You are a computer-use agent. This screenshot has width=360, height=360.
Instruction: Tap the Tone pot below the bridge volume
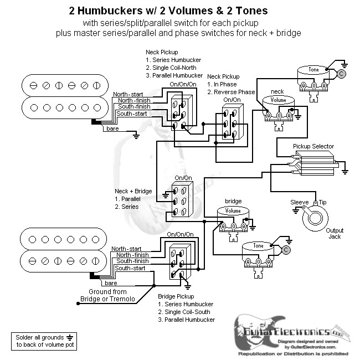coord(258,246)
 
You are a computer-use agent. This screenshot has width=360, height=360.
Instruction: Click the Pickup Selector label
coord(313,146)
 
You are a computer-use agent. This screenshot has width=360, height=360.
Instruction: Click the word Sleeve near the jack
coord(300,203)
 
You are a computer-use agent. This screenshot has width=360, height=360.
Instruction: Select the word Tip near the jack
coord(321,203)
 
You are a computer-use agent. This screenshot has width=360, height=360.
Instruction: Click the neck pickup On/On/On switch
coord(179,114)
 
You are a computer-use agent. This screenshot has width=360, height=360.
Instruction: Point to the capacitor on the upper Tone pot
coord(342,73)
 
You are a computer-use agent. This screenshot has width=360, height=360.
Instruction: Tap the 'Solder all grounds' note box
coord(42,341)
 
